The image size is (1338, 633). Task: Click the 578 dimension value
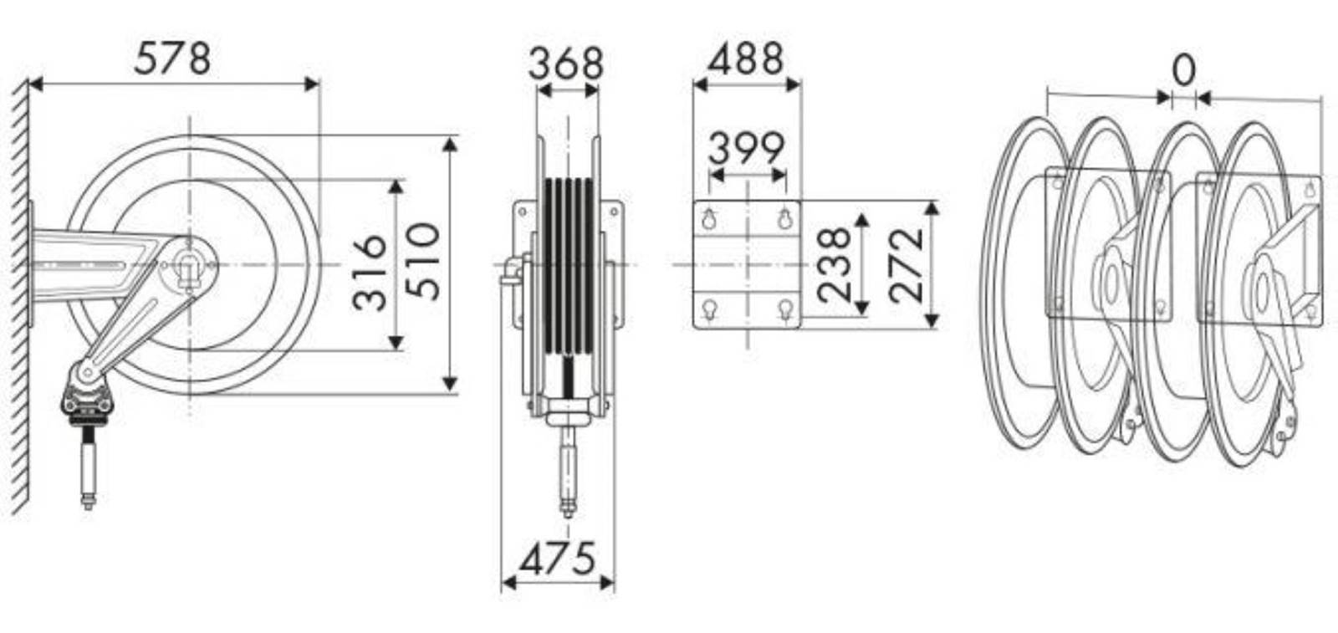click(172, 59)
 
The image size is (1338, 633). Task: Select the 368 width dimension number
click(565, 64)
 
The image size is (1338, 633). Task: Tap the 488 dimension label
click(745, 59)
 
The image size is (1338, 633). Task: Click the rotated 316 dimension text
click(369, 273)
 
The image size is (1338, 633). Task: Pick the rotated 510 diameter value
click(422, 261)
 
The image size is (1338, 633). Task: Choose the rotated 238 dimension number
click(834, 263)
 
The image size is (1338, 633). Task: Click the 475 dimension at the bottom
click(557, 559)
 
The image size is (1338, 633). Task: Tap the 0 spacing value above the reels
click(1184, 70)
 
